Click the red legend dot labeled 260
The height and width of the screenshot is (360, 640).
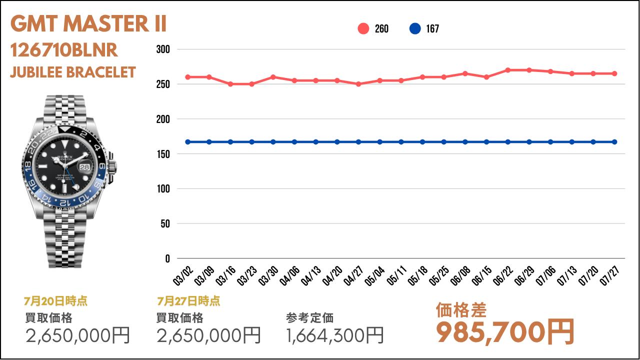pos(363,28)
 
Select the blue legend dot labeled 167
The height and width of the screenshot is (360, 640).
pos(415,28)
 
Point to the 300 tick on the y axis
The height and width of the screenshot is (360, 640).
pos(163,49)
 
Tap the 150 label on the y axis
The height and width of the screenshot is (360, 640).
pos(163,154)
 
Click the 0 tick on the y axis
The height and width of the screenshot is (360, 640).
pos(167,259)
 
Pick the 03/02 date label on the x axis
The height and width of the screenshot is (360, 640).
pos(183,275)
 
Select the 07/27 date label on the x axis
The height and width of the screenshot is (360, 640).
pos(609,275)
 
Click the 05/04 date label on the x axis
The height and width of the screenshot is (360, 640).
pos(375,275)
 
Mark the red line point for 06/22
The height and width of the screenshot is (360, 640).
pos(507,70)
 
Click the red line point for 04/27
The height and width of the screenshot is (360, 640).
pos(358,84)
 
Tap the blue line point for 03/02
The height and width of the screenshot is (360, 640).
pos(187,142)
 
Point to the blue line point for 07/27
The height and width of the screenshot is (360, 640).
pos(614,142)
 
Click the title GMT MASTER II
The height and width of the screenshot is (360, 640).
pos(88,23)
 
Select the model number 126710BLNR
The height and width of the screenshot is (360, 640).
pos(64,50)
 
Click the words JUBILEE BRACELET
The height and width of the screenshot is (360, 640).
pos(73,72)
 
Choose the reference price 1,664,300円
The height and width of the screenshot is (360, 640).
pos(334,335)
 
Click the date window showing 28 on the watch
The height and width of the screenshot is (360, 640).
pos(84,167)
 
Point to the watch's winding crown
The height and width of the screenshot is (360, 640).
pos(113,166)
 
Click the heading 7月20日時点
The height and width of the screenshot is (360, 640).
pos(55,301)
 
